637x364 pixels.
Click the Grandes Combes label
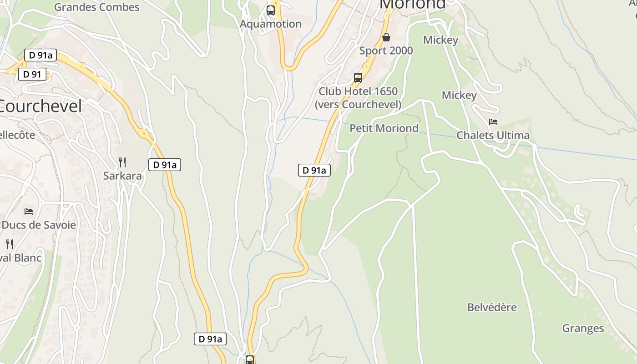click(96, 7)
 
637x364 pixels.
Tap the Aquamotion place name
click(271, 24)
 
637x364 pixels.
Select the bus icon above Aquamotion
click(271, 10)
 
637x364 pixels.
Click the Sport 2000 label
click(386, 51)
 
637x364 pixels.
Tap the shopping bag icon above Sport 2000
click(386, 37)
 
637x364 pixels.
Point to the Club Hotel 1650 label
click(358, 91)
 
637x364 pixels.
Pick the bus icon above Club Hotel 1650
click(358, 78)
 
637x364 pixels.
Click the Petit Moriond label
click(384, 128)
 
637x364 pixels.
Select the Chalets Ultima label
click(493, 136)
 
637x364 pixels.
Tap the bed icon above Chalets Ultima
click(493, 122)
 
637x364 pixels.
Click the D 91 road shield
click(32, 74)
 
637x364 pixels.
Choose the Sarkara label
click(122, 176)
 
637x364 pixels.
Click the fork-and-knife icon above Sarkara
click(122, 162)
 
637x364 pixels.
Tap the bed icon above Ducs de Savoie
click(29, 211)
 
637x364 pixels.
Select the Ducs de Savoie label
click(39, 225)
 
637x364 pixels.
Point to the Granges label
click(583, 329)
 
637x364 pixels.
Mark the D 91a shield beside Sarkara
click(165, 165)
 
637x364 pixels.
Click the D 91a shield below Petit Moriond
click(314, 171)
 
